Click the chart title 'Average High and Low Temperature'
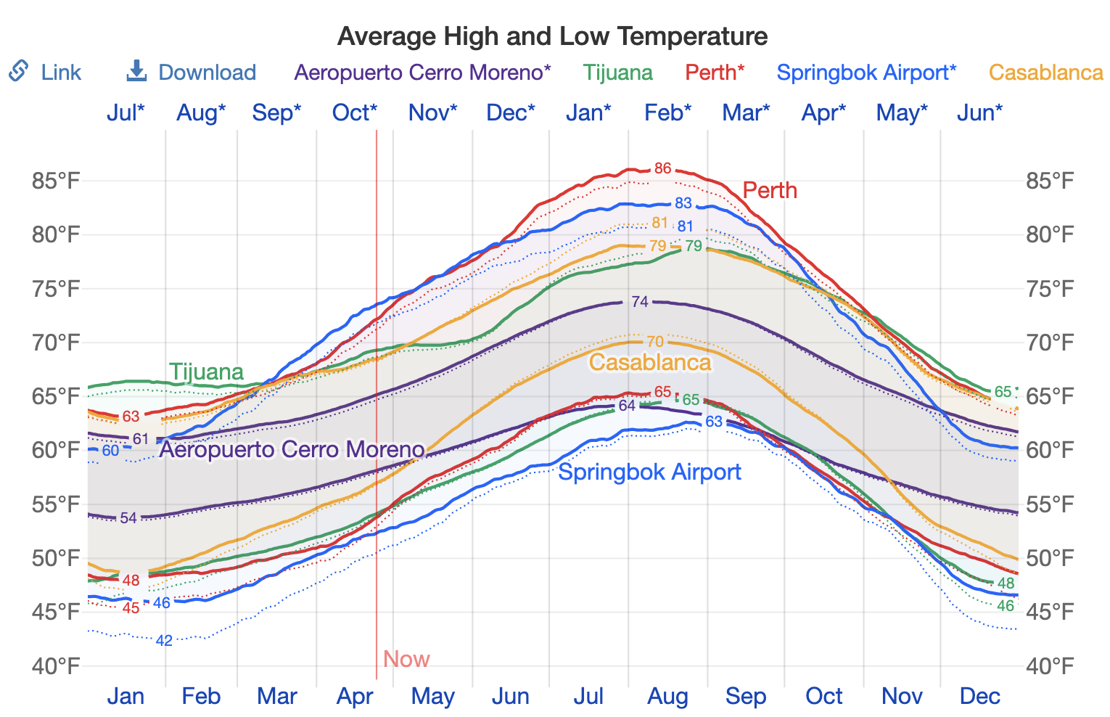tap(552, 36)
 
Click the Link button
tap(45, 73)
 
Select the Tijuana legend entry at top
tap(618, 73)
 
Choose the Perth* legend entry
tap(715, 73)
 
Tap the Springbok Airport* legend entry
tap(866, 73)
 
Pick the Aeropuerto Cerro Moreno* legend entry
tap(423, 73)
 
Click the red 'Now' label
tap(406, 659)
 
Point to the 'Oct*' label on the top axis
tap(355, 112)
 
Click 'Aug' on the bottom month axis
tap(667, 697)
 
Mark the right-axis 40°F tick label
tap(1049, 665)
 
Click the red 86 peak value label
tap(662, 168)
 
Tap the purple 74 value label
tap(640, 301)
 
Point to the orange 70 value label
tap(654, 341)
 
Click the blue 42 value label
tap(164, 640)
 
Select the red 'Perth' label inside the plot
tap(770, 190)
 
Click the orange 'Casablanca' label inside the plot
tap(650, 362)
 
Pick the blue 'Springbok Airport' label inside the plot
tap(649, 472)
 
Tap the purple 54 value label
tap(128, 517)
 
